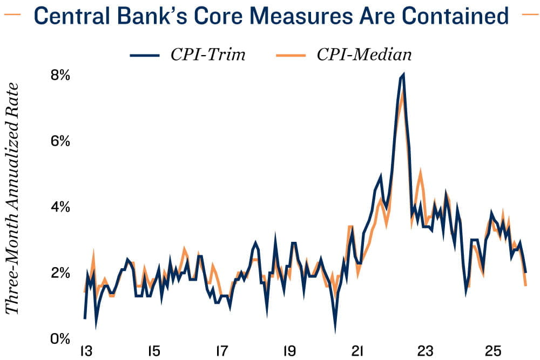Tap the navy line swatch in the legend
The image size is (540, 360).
point(145,55)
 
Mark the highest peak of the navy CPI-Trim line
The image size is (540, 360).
point(403,75)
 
